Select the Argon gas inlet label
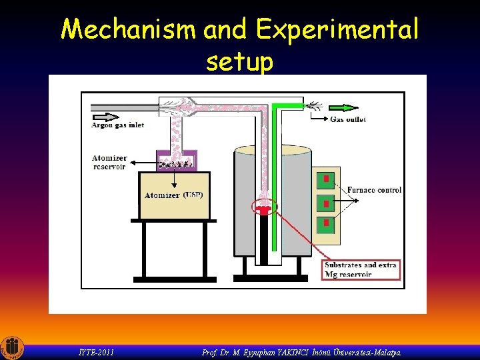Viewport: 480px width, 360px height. (118, 125)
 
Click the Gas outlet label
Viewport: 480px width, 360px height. (348, 119)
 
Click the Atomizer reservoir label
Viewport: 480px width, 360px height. (109, 162)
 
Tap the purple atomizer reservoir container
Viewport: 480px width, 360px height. (175, 161)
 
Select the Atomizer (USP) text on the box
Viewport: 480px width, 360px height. (173, 195)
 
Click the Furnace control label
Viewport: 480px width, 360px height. (374, 190)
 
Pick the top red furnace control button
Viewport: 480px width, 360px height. (326, 179)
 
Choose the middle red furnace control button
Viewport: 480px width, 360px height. (326, 201)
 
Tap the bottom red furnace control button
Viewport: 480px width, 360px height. (326, 223)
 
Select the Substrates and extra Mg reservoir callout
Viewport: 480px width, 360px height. (360, 269)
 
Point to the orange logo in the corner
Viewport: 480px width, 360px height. (12, 347)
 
